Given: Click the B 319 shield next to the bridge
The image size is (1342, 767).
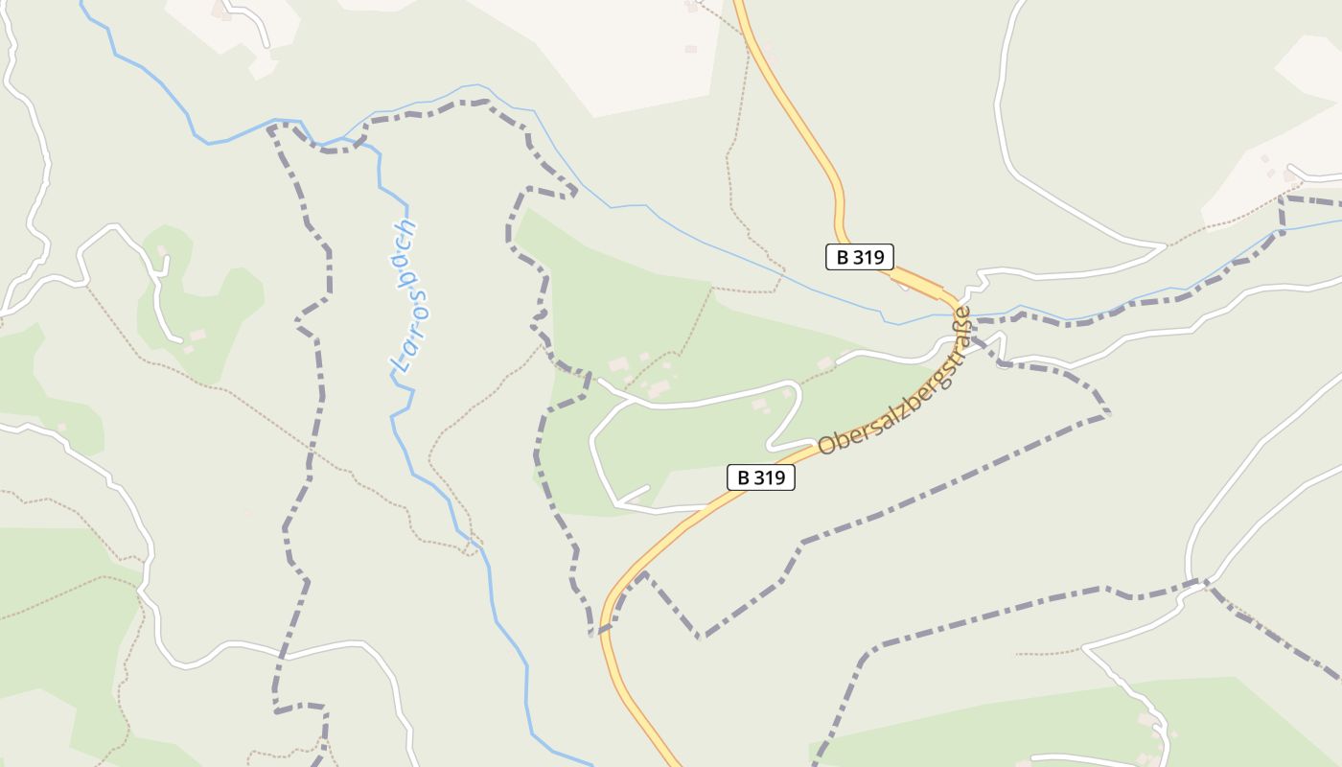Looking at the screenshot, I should [x=860, y=257].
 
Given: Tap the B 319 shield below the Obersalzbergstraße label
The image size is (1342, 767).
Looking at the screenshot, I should [x=761, y=477].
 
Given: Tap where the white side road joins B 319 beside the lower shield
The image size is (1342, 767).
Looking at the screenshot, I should [x=710, y=505].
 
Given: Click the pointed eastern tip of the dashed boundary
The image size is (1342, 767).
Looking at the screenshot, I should [x=1108, y=413].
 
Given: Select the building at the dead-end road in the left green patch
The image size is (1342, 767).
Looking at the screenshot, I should [x=196, y=336].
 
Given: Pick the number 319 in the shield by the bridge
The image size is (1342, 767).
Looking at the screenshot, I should [x=870, y=257].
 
